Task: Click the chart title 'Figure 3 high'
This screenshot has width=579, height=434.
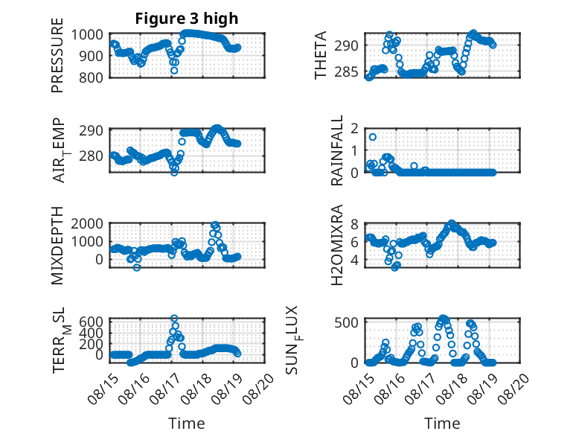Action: pos(187,19)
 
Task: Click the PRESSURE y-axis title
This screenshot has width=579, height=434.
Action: pos(57,55)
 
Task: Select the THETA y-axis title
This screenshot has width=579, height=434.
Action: pos(321,55)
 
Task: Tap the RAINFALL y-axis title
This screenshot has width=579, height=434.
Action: pos(337,150)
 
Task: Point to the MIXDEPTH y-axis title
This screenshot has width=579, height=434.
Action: pos(57,245)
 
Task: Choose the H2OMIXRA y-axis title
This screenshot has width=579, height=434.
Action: pos(337,245)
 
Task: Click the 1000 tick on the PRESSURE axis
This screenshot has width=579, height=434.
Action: pos(87,35)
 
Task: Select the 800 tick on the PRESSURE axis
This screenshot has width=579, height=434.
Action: pos(92,77)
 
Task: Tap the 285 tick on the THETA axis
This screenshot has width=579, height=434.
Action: pos(346,71)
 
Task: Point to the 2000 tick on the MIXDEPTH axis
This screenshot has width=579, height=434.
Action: pos(87,223)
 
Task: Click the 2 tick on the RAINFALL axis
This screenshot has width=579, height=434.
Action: pos(354,129)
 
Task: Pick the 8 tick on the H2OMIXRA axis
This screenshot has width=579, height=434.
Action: pos(354,224)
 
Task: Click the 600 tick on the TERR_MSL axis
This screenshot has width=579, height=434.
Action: pos(92,322)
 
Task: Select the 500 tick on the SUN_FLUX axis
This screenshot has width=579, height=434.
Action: pos(346,322)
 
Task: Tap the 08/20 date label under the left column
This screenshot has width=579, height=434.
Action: pos(259,388)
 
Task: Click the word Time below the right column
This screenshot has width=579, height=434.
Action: pos(442,423)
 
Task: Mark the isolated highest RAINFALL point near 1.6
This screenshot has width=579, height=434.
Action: pos(373,137)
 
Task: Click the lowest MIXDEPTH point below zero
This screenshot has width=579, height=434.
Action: pos(137,267)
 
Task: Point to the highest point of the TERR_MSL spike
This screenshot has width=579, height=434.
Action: pos(174,318)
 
